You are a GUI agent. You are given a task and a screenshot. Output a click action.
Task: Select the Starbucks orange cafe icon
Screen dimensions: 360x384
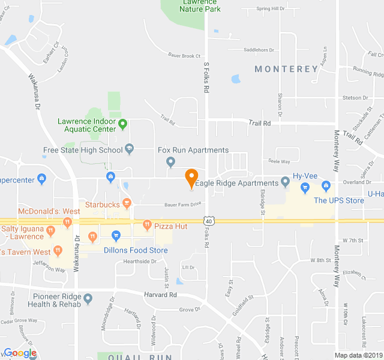coord(127,204)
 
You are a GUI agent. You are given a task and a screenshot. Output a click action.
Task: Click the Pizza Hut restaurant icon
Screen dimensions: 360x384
coord(147,226)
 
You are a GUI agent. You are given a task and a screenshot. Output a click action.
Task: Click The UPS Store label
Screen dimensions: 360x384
coord(339,200)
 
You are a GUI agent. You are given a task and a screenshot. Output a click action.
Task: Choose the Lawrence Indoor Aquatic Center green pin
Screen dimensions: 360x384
coord(123,125)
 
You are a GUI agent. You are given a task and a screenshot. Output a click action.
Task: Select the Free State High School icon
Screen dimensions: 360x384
coord(129,149)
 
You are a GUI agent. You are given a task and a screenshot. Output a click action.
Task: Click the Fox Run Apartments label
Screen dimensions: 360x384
coord(193,150)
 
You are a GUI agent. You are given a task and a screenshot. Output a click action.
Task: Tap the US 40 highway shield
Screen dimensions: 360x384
coord(208,221)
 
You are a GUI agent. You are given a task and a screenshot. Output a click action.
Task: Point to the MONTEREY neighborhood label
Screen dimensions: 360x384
coord(286,69)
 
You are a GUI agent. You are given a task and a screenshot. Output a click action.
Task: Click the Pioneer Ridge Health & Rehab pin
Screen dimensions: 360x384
coord(88,298)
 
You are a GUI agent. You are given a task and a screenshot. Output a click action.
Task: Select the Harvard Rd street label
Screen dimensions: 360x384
coord(160,295)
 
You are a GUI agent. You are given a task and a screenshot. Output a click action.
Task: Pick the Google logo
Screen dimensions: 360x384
coord(20,353)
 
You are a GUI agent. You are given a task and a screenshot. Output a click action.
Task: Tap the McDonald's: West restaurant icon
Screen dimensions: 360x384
coord(67,223)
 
